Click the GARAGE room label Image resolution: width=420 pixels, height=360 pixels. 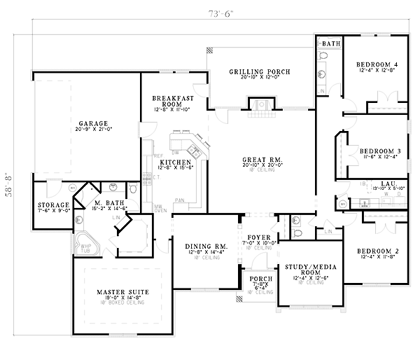pyautogui.click(x=92, y=122)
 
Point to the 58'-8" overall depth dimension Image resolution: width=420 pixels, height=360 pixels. pyautogui.click(x=9, y=189)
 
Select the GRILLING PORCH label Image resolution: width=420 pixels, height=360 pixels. pyautogui.click(x=260, y=72)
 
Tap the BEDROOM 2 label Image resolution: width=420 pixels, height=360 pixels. pyautogui.click(x=377, y=251)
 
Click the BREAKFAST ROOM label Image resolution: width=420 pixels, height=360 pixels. pyautogui.click(x=167, y=101)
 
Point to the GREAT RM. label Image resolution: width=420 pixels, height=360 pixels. pyautogui.click(x=262, y=160)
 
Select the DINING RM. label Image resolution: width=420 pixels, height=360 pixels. pyautogui.click(x=204, y=246)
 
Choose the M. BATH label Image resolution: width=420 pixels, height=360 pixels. pyautogui.click(x=110, y=204)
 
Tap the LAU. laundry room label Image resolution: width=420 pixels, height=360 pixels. pyautogui.click(x=380, y=184)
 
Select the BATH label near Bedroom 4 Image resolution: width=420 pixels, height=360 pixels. pyautogui.click(x=331, y=43)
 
